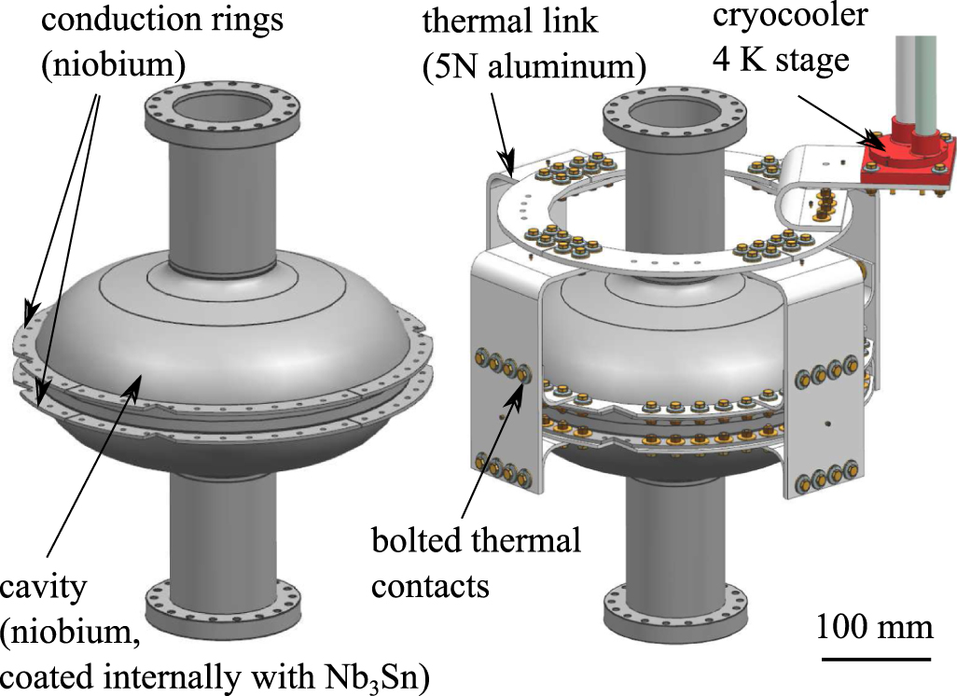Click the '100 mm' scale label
click(x=875, y=626)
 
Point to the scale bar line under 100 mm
click(x=875, y=658)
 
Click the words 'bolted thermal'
click(x=476, y=540)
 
